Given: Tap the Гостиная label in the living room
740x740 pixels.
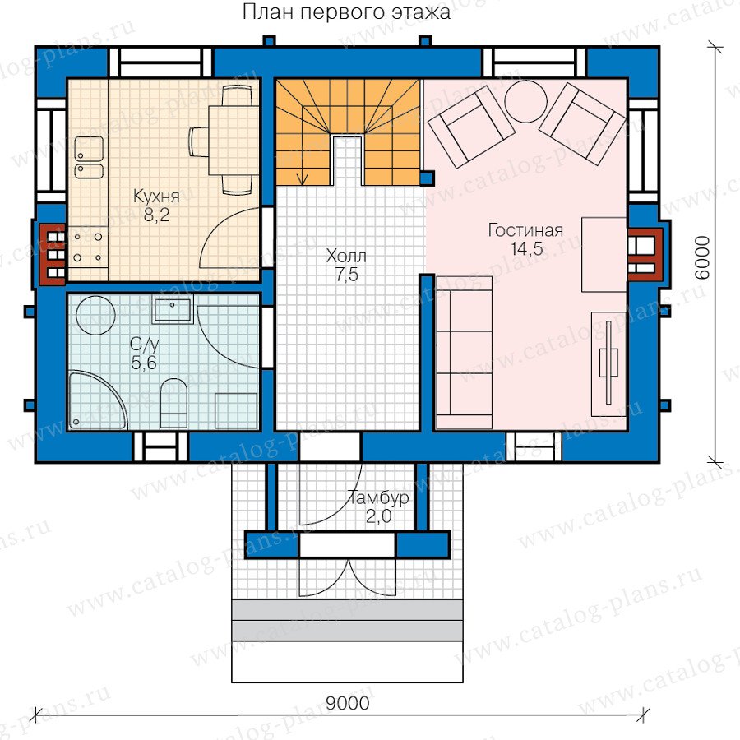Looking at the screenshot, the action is pyautogui.click(x=525, y=230).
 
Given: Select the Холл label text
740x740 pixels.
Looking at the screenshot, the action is pyautogui.click(x=346, y=257).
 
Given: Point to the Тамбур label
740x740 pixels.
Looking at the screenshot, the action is pyautogui.click(x=378, y=498).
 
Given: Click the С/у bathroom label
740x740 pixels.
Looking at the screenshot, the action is pyautogui.click(x=145, y=345).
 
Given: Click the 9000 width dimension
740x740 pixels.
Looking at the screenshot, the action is pyautogui.click(x=347, y=703).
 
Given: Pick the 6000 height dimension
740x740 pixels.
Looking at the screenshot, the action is pyautogui.click(x=702, y=257).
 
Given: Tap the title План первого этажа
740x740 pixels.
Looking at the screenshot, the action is pyautogui.click(x=346, y=12).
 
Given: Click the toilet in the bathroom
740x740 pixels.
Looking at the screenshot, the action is pyautogui.click(x=174, y=403).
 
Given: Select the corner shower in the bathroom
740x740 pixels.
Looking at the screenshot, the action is pyautogui.click(x=97, y=400).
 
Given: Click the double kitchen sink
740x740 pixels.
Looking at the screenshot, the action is pyautogui.click(x=89, y=158).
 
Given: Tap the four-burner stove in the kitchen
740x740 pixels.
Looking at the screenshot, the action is pyautogui.click(x=88, y=247).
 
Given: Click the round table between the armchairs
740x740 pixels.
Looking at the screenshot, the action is pyautogui.click(x=525, y=101).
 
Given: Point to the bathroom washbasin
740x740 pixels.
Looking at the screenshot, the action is pyautogui.click(x=173, y=310).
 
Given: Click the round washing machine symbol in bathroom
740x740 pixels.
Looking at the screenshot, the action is pyautogui.click(x=96, y=316).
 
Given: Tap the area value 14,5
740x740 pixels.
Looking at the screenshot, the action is pyautogui.click(x=527, y=248).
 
